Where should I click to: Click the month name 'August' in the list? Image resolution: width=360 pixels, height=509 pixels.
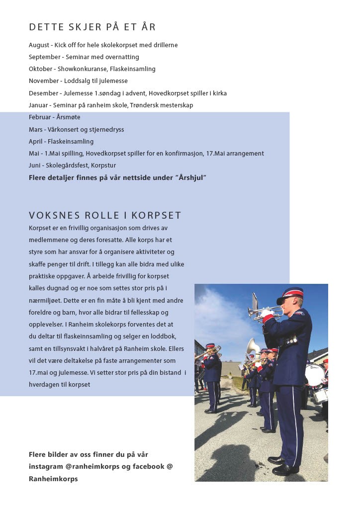pos(39,45)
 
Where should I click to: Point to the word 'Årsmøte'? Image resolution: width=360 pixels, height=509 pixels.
pos(69,117)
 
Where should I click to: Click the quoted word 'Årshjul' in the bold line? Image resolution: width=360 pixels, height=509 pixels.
pos(191,177)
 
